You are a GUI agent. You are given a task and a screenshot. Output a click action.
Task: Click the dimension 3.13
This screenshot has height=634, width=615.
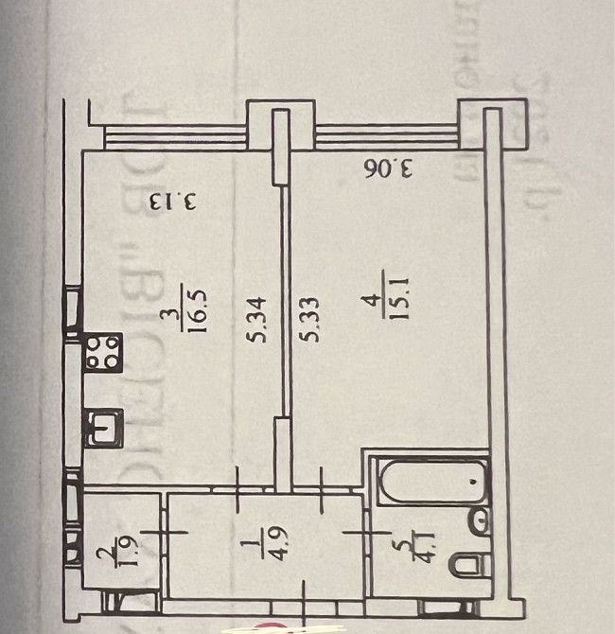(171, 202)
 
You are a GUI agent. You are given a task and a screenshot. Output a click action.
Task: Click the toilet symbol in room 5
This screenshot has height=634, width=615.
(467, 566)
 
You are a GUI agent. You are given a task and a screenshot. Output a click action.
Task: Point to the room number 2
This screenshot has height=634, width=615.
(102, 553)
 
